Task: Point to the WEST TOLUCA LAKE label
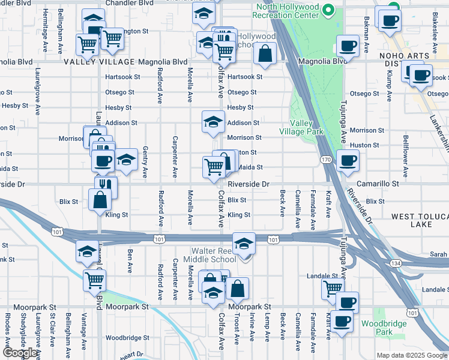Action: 420,220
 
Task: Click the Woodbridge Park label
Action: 376,328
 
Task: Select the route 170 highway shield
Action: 325,160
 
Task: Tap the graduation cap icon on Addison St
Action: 213,121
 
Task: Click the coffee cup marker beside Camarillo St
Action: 348,160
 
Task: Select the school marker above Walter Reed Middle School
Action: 244,243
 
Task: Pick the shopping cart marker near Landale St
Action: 332,289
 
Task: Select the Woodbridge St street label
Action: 127,338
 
